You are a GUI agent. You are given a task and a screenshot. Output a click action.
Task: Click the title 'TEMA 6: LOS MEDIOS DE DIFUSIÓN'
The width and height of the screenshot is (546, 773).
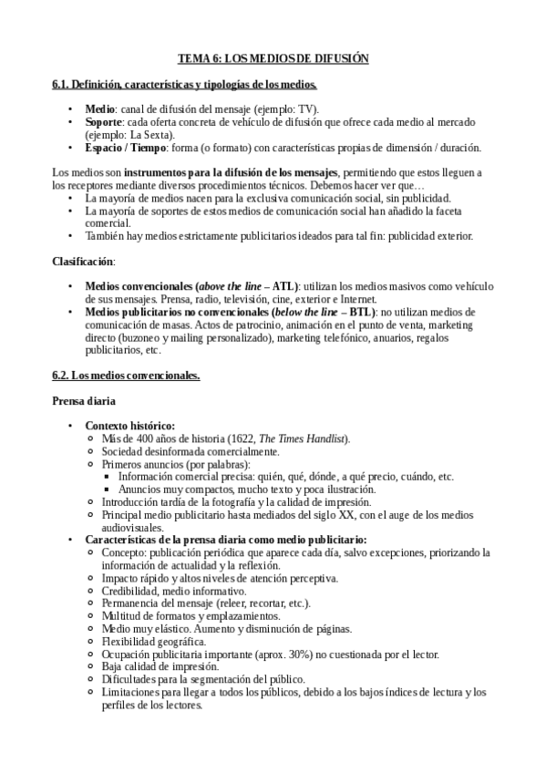[x=273, y=57]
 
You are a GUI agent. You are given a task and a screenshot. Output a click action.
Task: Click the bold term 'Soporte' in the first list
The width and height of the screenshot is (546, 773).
[x=104, y=120]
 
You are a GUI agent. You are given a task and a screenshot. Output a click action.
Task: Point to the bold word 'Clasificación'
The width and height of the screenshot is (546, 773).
[x=83, y=261]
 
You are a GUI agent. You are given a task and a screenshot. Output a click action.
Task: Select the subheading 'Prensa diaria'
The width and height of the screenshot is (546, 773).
[x=84, y=400]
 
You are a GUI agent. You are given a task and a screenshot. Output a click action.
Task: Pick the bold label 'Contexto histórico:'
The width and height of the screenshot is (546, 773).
[x=130, y=426]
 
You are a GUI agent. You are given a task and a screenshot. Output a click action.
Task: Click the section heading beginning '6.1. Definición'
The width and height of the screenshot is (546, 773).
[x=185, y=85]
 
